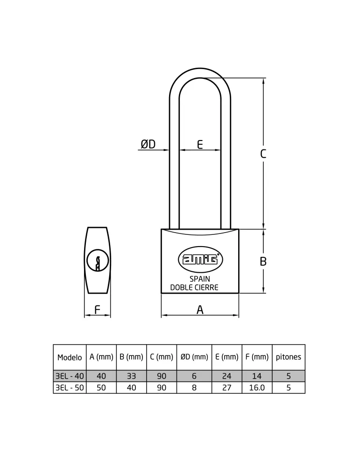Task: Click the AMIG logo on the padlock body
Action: point(200,259)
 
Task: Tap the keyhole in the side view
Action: point(98,261)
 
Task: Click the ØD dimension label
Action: point(148,144)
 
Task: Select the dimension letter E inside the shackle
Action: point(200,144)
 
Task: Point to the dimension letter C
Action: point(263,154)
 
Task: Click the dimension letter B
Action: point(263,261)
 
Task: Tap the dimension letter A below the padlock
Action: point(200,310)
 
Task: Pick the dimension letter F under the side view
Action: point(98,310)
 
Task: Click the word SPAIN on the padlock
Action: point(200,279)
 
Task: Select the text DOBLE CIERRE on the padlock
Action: point(194,287)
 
